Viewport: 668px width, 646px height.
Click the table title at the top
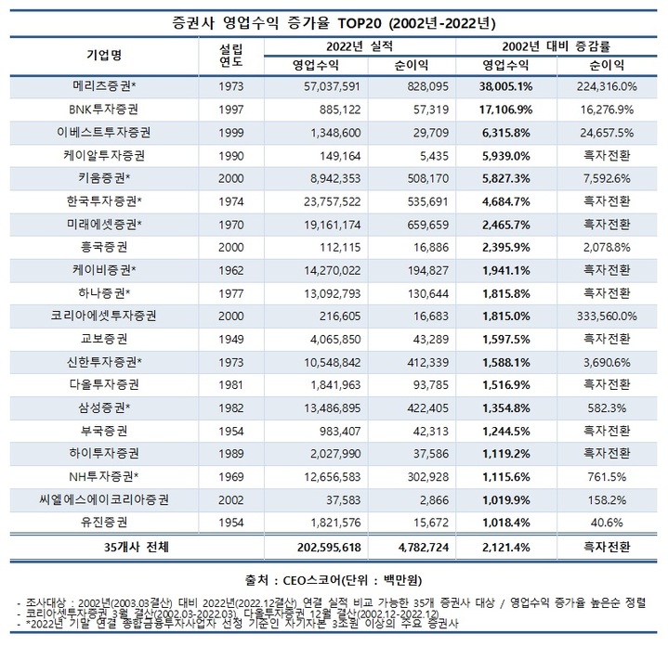334,19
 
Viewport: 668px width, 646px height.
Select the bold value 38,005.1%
507,86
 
